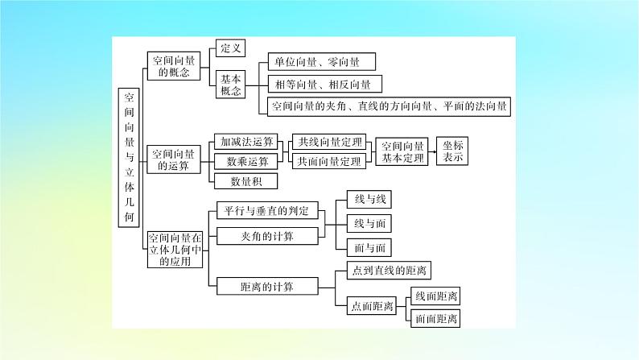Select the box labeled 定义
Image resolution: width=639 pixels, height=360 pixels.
point(231,48)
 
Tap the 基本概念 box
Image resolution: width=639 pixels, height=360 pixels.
point(231,85)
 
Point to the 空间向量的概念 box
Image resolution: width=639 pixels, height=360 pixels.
point(174,65)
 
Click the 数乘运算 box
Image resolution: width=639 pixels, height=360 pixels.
point(242,161)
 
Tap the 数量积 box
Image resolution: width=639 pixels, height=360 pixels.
point(242,180)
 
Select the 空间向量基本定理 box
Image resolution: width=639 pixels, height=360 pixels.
point(402,151)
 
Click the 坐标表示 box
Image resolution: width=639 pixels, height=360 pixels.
point(453,151)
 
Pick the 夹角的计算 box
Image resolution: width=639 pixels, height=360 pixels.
point(268,236)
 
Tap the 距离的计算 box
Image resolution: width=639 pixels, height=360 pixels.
point(268,286)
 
